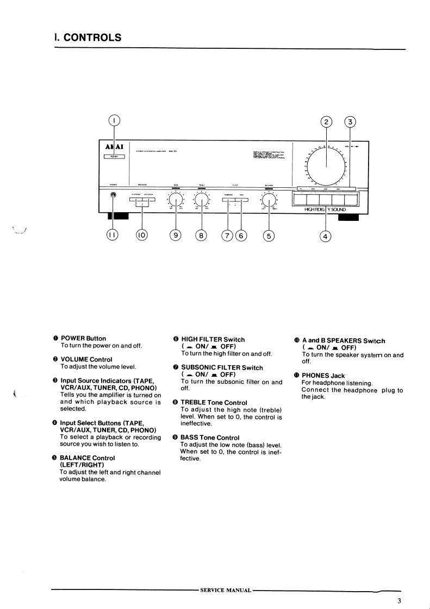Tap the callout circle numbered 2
click(x=326, y=122)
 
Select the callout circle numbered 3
click(x=351, y=122)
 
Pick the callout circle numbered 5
click(x=269, y=235)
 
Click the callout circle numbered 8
click(x=202, y=235)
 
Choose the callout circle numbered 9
click(x=176, y=235)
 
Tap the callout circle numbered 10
click(x=142, y=235)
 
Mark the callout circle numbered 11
click(x=114, y=235)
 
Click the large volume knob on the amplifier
click(x=327, y=162)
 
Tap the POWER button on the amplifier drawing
click(x=114, y=157)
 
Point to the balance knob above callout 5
click(x=269, y=201)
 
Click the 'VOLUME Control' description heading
click(x=86, y=359)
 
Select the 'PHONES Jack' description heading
click(x=323, y=376)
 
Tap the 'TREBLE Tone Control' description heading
click(x=214, y=402)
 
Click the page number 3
click(x=399, y=600)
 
